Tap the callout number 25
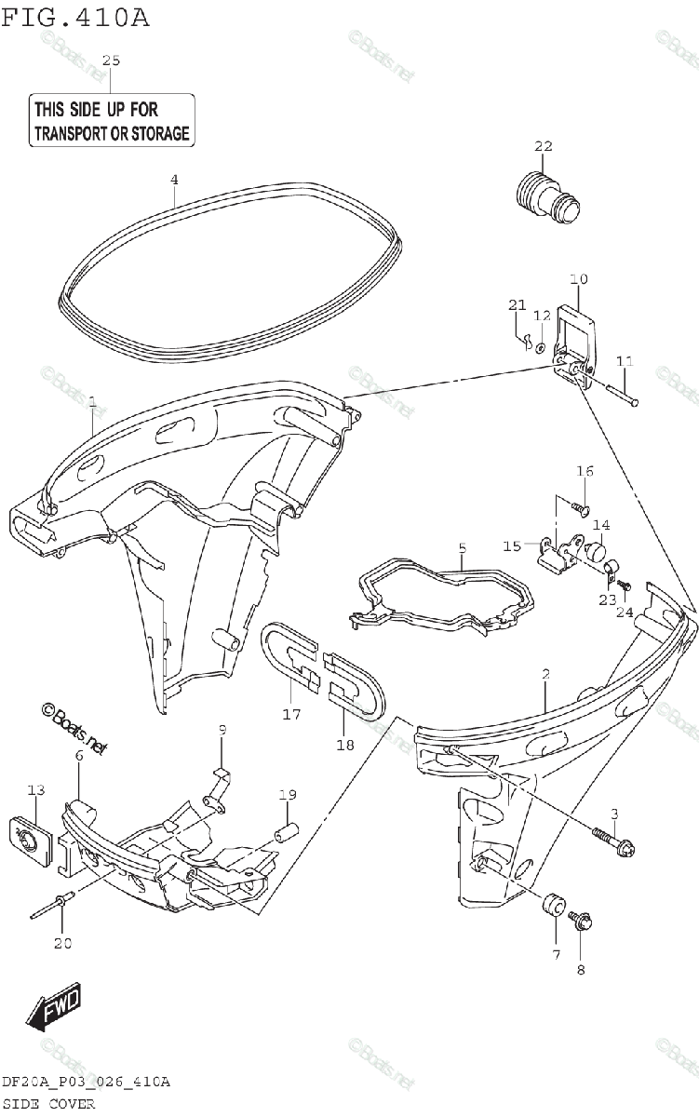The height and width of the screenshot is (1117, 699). coord(111,60)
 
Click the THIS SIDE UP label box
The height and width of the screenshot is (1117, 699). coord(111,120)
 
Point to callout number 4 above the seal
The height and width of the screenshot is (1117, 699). coord(174,179)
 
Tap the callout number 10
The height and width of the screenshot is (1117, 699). coord(578,278)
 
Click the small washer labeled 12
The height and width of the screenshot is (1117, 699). coord(541,347)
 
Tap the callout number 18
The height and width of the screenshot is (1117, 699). coord(345,744)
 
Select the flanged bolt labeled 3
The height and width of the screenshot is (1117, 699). coord(614,842)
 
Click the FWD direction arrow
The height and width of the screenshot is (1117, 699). coord(54,1008)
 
